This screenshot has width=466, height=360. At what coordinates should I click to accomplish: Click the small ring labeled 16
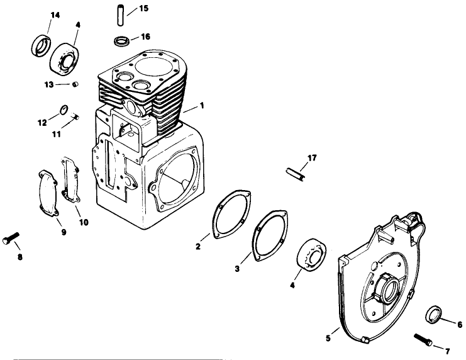(x=121, y=41)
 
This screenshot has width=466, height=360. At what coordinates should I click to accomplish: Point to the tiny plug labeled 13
(x=75, y=84)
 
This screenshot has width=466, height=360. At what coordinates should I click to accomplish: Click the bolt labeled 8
(x=12, y=237)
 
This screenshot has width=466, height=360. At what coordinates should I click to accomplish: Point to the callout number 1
(x=202, y=104)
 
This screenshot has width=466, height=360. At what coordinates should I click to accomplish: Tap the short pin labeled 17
(x=296, y=174)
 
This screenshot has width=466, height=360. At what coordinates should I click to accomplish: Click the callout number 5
(x=328, y=338)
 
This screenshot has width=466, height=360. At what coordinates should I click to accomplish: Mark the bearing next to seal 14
(x=65, y=55)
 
